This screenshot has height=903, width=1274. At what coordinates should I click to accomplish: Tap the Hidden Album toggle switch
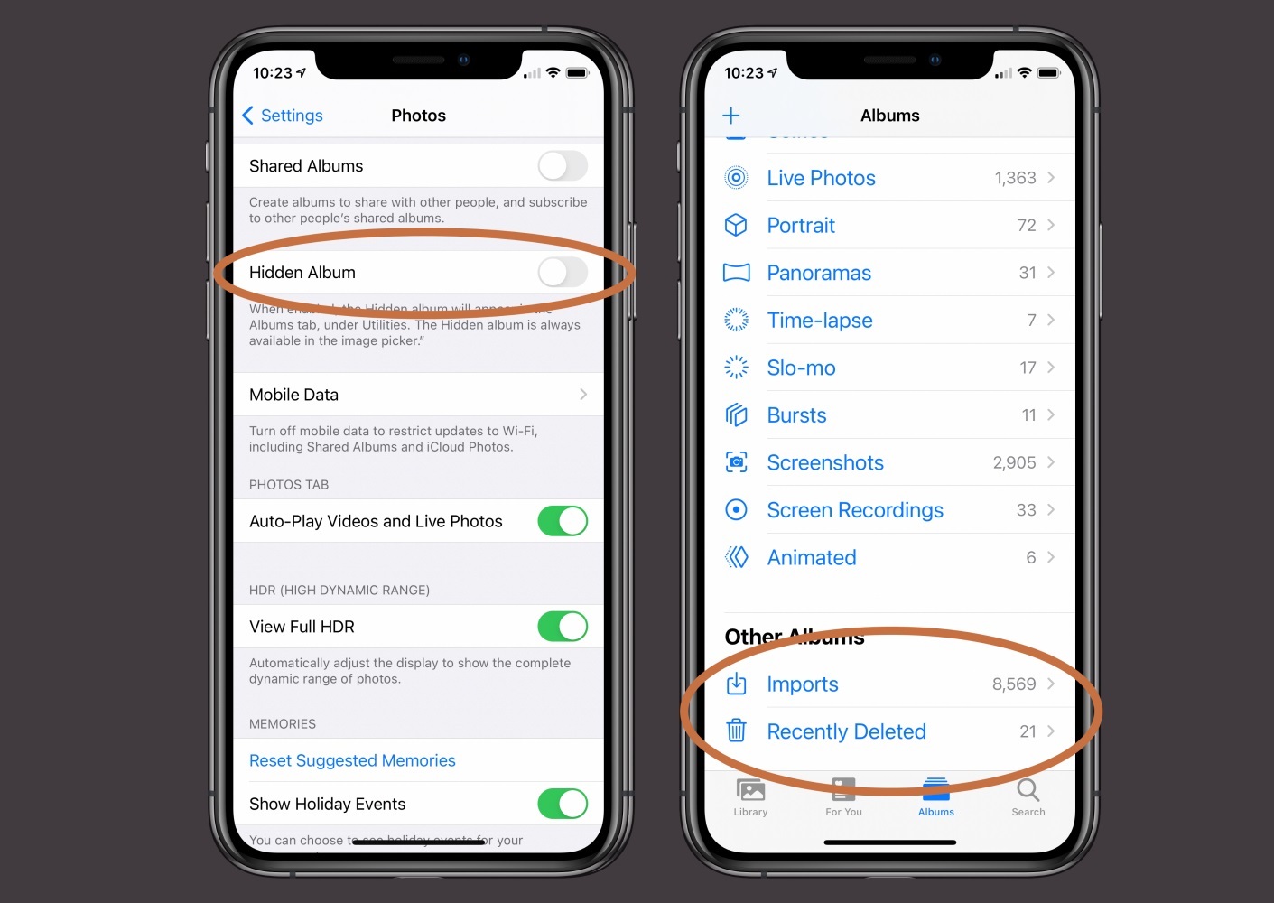click(x=563, y=272)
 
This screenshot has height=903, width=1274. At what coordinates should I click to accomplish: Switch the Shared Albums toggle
click(x=563, y=165)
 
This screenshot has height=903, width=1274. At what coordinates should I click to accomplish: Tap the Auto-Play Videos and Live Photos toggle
click(x=563, y=521)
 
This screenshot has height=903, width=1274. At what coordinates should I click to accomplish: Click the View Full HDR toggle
click(x=563, y=626)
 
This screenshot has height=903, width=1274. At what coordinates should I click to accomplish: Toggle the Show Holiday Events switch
click(x=563, y=803)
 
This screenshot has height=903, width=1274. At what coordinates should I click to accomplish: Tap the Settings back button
click(x=283, y=116)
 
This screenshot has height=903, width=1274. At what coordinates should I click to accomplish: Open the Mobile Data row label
click(x=293, y=395)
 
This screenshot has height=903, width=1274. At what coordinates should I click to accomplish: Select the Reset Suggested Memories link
click(x=352, y=760)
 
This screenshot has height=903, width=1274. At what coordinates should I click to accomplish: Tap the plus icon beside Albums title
click(x=731, y=116)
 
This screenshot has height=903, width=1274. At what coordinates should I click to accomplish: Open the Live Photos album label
click(x=821, y=178)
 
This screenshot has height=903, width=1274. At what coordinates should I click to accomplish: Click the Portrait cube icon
click(x=736, y=225)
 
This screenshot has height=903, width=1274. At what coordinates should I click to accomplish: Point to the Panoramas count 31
click(x=1028, y=273)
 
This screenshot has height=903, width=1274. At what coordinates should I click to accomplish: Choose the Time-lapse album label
click(x=819, y=321)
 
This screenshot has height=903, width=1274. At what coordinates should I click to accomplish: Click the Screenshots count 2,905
click(x=1014, y=462)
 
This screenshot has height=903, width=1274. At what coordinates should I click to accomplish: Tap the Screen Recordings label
click(x=854, y=510)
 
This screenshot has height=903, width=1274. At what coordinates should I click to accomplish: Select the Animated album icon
click(x=737, y=557)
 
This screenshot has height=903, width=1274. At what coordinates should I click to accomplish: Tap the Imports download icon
click(x=737, y=684)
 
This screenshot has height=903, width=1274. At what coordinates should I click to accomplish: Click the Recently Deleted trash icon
click(x=737, y=731)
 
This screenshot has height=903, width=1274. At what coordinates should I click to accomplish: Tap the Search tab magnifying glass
click(x=1028, y=791)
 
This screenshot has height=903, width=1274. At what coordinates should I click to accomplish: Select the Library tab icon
click(x=750, y=791)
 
